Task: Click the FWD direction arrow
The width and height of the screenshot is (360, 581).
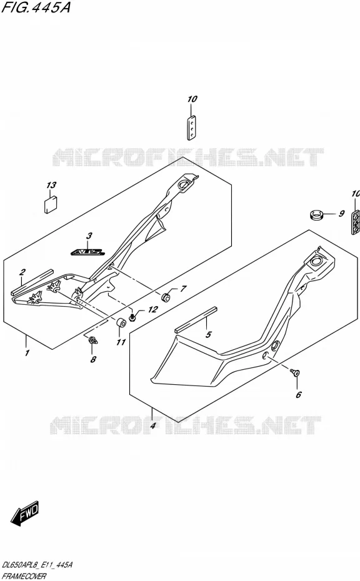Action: click(x=25, y=514)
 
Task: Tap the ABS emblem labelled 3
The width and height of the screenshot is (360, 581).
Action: click(x=87, y=252)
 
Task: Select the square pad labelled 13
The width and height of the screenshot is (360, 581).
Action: click(x=51, y=204)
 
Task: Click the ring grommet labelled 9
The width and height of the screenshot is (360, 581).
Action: click(x=316, y=214)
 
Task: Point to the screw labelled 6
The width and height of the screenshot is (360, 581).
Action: click(x=295, y=372)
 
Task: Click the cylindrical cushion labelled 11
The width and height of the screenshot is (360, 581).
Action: click(x=121, y=324)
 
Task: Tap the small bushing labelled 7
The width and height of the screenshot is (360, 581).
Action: click(x=166, y=297)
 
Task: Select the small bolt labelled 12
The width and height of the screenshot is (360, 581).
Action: click(x=132, y=317)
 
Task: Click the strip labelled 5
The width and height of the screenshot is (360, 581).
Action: click(x=196, y=319)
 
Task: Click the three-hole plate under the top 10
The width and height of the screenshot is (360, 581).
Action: click(x=191, y=127)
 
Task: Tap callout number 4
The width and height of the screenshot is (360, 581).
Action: click(x=152, y=425)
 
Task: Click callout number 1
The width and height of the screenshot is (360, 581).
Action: click(x=27, y=353)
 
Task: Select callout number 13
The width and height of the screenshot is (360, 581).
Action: click(x=51, y=185)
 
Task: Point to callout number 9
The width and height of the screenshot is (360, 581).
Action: click(x=341, y=214)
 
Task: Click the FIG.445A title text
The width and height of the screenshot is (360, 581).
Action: click(x=36, y=7)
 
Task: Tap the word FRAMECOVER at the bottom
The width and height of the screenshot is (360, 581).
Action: click(x=24, y=576)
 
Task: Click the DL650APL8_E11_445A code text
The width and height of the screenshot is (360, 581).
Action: click(x=37, y=565)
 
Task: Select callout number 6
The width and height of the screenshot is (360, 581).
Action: click(x=299, y=395)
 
